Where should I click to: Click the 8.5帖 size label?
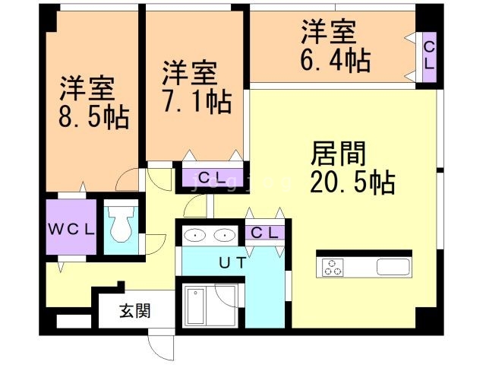(x=93, y=117)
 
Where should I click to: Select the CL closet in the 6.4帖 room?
(x=428, y=56)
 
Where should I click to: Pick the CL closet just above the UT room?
(x=265, y=232)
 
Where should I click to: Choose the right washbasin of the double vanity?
(x=224, y=235)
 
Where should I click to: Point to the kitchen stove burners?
(x=333, y=267)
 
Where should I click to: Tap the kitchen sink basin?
(x=393, y=267)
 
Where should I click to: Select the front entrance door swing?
(x=162, y=346)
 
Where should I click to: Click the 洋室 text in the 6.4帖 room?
(x=328, y=33)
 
